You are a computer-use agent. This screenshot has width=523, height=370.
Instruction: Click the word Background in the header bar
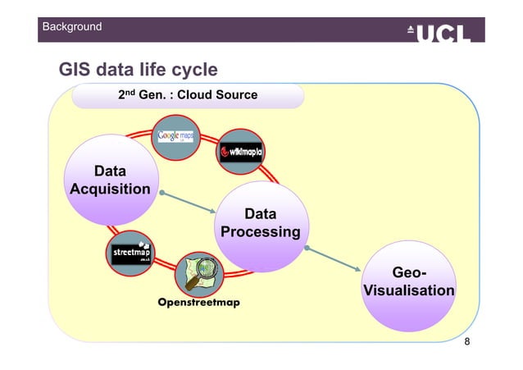coord(73,27)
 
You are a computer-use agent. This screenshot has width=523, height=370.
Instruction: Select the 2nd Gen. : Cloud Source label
coord(188,96)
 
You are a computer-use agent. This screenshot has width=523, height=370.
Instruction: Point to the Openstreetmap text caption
coord(198,302)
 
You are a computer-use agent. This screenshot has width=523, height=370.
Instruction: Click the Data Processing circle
coord(260,223)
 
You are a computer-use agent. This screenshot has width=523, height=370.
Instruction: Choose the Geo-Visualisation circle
coord(407,282)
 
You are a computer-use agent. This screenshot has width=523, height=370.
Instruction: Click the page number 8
coord(467,341)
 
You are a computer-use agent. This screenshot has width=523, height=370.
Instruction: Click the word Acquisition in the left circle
coord(110,190)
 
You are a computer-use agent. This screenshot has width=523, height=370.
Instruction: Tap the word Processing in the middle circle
coord(260,232)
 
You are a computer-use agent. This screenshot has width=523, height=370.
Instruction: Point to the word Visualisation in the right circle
coord(407,291)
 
